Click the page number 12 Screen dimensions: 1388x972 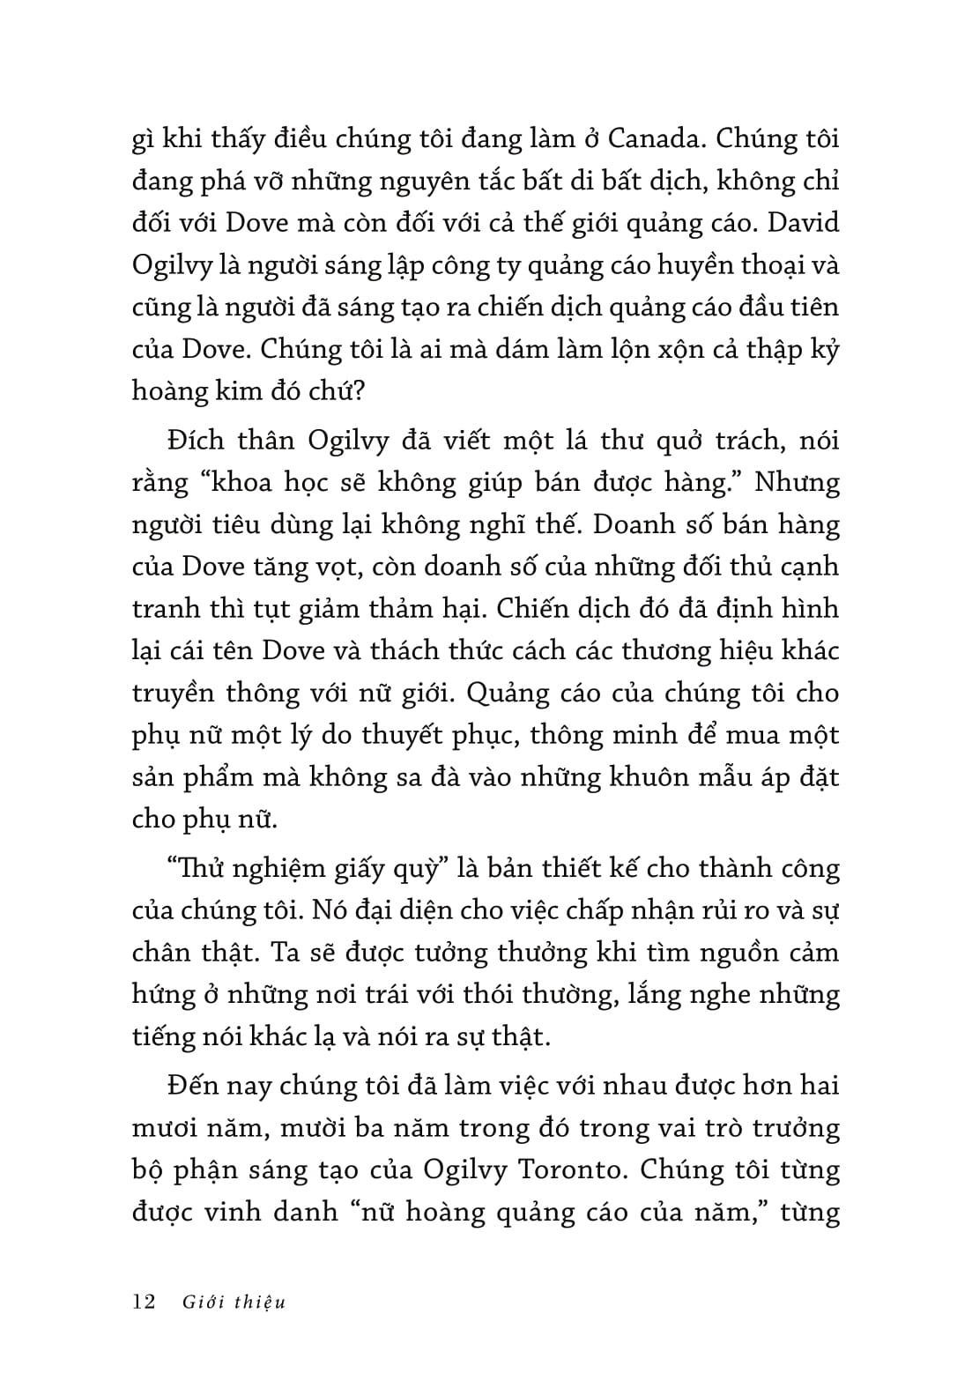click(x=143, y=1302)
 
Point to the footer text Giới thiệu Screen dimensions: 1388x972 click(x=234, y=1302)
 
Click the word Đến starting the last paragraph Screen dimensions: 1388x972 click(x=195, y=1085)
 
